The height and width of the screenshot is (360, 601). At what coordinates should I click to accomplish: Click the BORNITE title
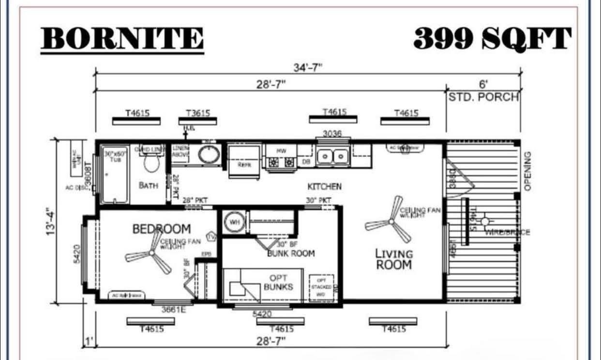coord(122,39)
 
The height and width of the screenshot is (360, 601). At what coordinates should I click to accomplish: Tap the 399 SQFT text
coord(492,39)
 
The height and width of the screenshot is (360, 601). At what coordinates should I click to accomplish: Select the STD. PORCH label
coord(483,97)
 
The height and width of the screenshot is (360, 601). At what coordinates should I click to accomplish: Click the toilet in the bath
coord(151,164)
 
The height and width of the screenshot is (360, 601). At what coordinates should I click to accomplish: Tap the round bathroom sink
coord(209,154)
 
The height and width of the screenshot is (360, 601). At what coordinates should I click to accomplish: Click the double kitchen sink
coord(332,156)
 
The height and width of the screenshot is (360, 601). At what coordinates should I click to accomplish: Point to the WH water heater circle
coord(234,222)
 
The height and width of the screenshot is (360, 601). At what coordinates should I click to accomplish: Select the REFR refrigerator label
coord(244,165)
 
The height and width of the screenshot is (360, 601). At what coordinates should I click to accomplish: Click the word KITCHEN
coord(325,186)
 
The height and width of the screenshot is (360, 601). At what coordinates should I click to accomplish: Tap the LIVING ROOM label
coord(394,259)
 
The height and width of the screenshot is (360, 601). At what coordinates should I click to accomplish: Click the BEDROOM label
coord(162,229)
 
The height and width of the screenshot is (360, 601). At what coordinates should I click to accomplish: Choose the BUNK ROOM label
coord(291,253)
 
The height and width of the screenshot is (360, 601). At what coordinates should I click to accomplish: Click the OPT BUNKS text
coord(279,283)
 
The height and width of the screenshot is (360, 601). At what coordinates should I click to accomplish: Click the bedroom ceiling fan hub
coord(151,253)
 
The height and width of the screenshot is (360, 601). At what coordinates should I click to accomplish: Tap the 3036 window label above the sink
coord(333,134)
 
